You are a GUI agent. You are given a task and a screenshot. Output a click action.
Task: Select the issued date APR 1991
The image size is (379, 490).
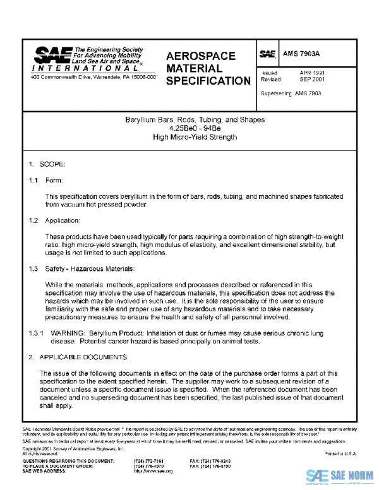pyautogui.click(x=312, y=73)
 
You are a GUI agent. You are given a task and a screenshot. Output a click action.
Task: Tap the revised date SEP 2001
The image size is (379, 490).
pyautogui.click(x=312, y=80)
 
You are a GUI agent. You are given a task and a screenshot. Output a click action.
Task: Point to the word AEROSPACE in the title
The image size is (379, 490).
pyautogui.click(x=200, y=56)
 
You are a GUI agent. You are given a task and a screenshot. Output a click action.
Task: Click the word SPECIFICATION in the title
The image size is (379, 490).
pyautogui.click(x=208, y=81)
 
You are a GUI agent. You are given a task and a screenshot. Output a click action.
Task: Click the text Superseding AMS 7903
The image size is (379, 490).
pyautogui.click(x=291, y=93)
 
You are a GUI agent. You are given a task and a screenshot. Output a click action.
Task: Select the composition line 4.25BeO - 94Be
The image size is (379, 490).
pyautogui.click(x=195, y=128)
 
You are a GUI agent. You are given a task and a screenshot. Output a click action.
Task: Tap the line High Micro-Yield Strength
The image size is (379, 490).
pyautogui.click(x=195, y=137)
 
